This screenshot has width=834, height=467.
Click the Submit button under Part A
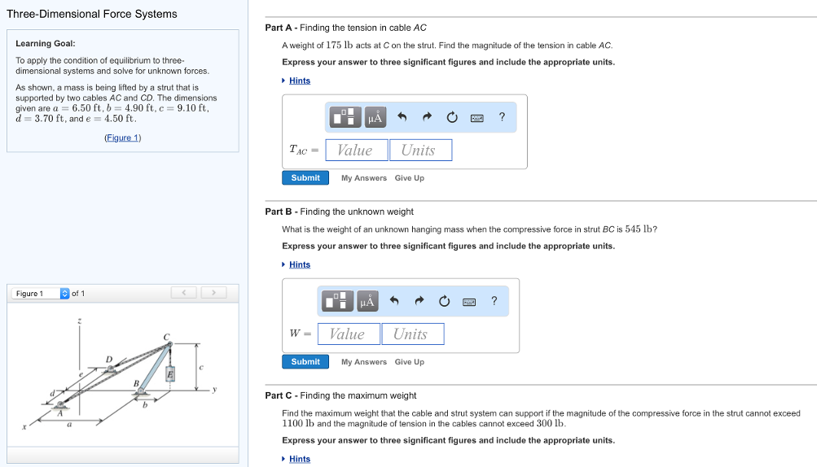[305, 177]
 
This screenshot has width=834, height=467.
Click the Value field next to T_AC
[356, 151]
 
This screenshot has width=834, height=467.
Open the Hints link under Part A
[299, 81]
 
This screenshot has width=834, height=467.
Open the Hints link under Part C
[299, 459]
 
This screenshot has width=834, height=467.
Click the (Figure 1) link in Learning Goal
[123, 137]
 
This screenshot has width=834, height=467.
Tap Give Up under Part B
[409, 362]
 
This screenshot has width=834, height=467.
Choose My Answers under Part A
[363, 178]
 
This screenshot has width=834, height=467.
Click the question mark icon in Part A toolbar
[502, 117]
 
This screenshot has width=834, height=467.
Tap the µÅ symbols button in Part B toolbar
[367, 302]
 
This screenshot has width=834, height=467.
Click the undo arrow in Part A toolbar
[402, 118]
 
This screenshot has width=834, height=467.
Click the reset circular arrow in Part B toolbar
[444, 302]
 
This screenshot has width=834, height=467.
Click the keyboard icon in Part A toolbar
[477, 118]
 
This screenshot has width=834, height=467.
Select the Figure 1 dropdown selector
[65, 294]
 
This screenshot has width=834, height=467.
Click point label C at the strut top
[166, 336]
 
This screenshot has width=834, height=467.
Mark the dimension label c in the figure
[201, 367]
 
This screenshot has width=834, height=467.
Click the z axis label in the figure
[79, 322]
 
